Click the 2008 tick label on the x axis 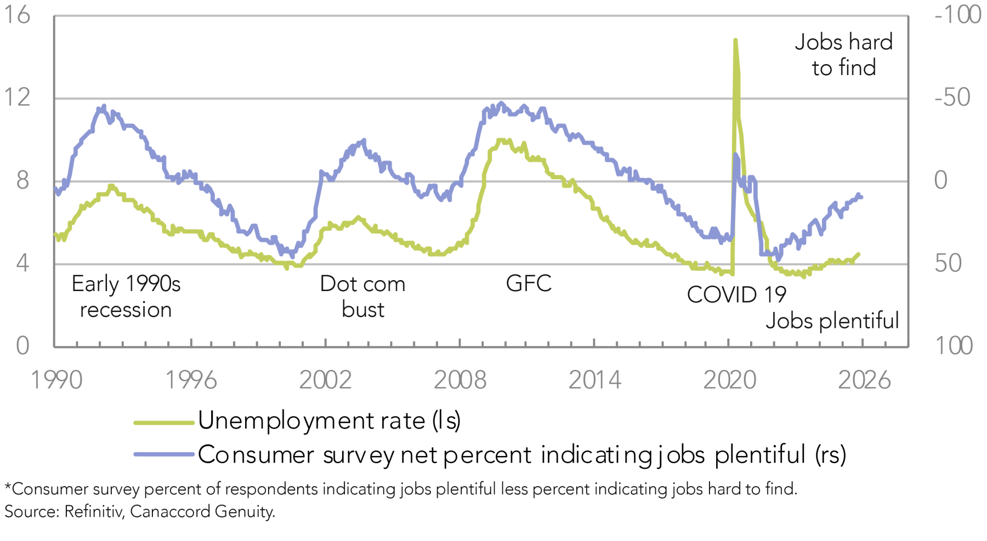click(x=460, y=380)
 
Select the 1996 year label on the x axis click(x=191, y=380)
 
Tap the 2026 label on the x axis click(x=864, y=380)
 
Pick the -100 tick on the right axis click(x=957, y=15)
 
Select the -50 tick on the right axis click(x=952, y=98)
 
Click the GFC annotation click(x=529, y=284)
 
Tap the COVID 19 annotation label click(x=736, y=295)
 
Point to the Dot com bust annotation click(x=362, y=297)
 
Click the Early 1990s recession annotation click(x=126, y=297)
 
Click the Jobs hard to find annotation click(x=844, y=55)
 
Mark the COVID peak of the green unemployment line click(x=735, y=40)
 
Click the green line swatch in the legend click(x=164, y=423)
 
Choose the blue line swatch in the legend click(x=164, y=454)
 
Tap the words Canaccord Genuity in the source click(x=202, y=511)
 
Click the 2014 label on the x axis click(x=595, y=380)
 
